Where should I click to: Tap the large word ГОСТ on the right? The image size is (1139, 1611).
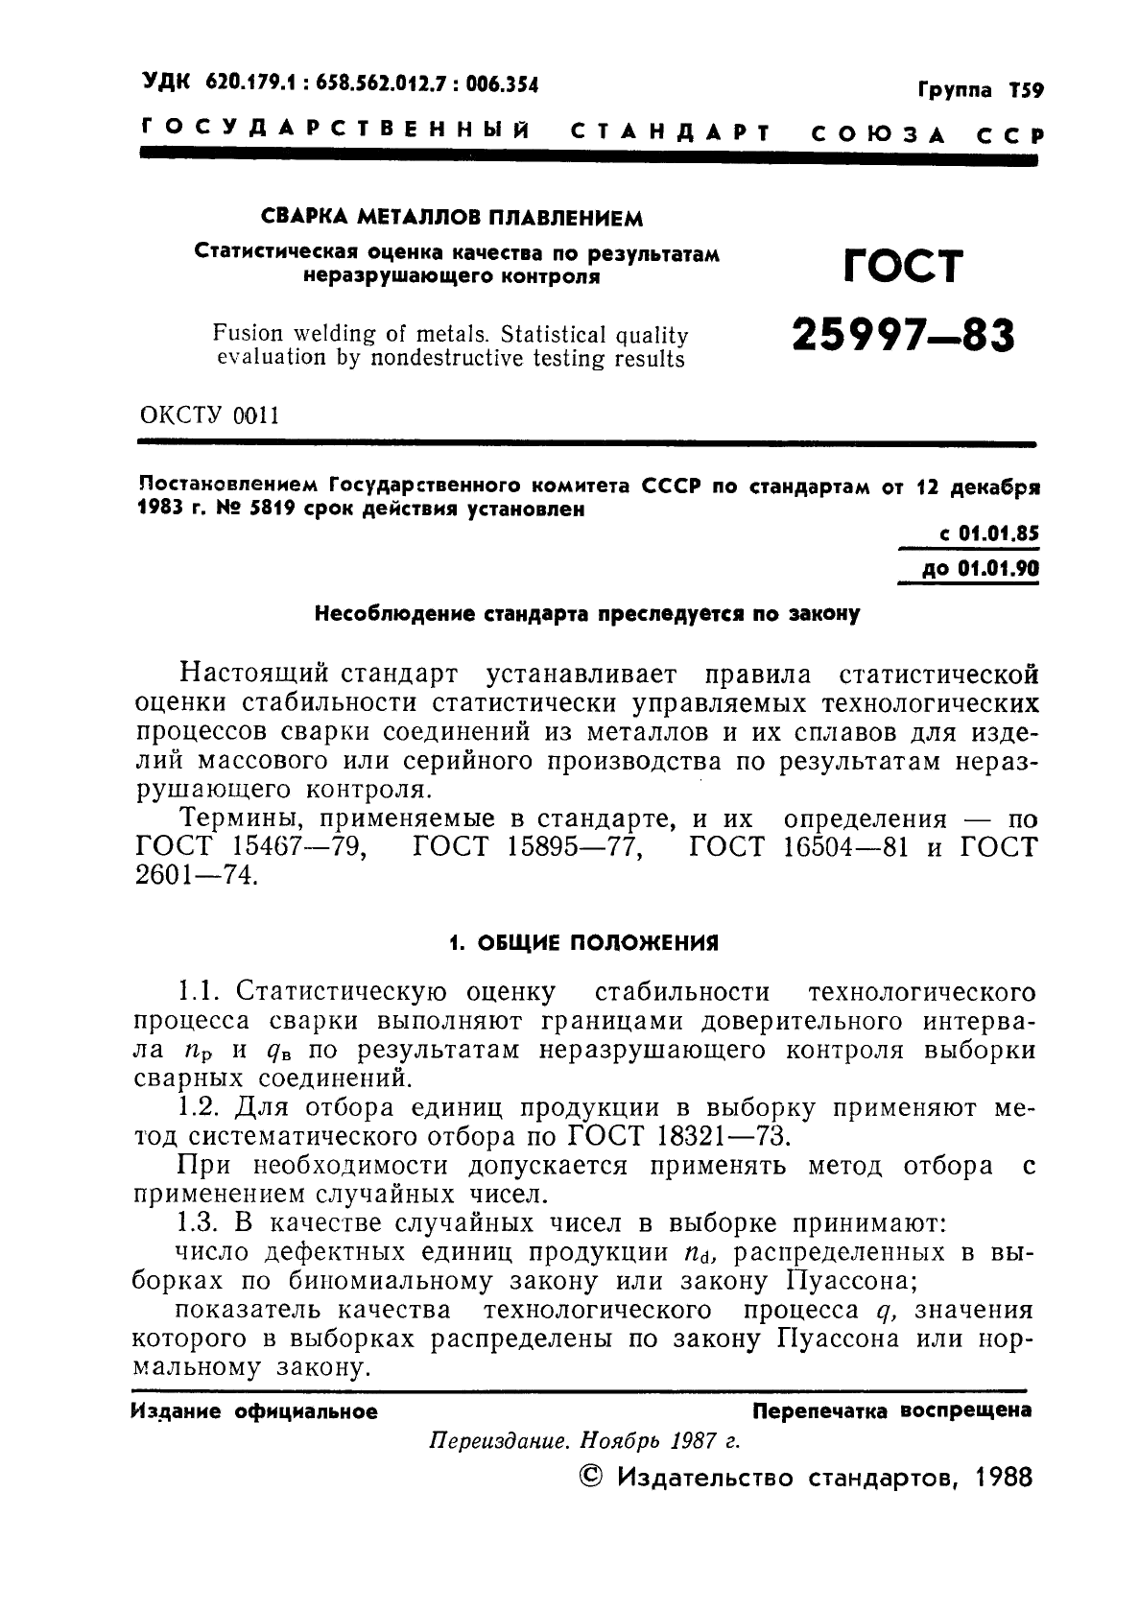[x=902, y=267]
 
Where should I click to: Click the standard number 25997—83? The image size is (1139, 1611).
[x=903, y=337]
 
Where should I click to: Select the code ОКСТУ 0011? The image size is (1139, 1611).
[x=209, y=415]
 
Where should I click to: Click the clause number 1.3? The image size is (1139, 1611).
[x=200, y=1223]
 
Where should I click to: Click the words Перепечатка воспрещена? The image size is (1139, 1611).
[x=892, y=1410]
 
